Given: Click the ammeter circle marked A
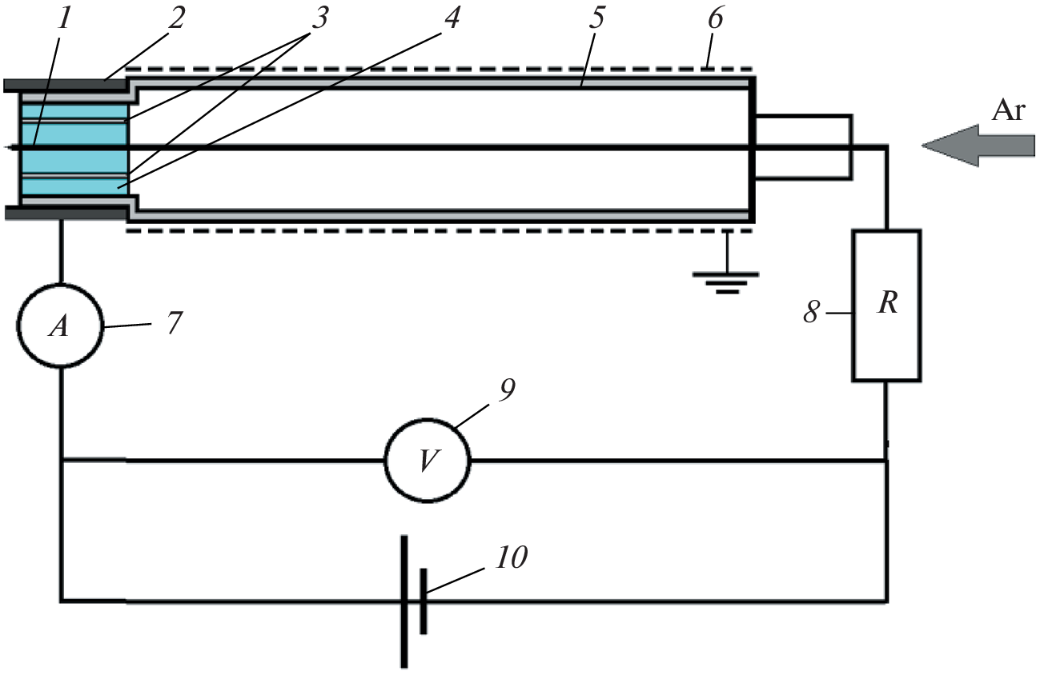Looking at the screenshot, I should point(61,326).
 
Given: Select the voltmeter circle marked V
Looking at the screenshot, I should point(428,460).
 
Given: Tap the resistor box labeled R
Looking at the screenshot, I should point(885,305).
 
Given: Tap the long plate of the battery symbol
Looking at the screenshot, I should point(404,601).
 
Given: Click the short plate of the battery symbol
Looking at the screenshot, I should point(423,601).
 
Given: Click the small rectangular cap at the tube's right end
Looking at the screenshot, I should point(802,146).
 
